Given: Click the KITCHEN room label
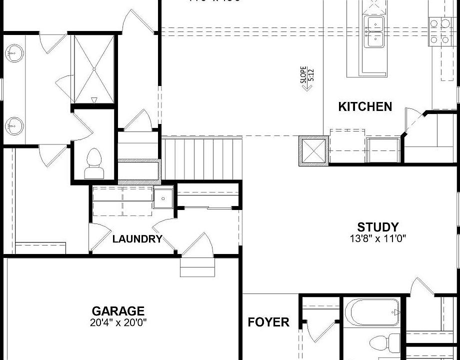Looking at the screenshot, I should (365, 106).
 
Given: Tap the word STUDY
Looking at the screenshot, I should (377, 227).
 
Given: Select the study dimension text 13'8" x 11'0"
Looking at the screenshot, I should (377, 238).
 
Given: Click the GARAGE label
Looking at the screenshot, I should (118, 311).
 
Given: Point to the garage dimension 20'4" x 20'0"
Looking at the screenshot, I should (118, 322).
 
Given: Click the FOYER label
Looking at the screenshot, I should (268, 322).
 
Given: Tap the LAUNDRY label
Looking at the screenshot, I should (137, 239).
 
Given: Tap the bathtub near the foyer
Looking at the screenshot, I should (375, 312).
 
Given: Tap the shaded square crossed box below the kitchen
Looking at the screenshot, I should (312, 151).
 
